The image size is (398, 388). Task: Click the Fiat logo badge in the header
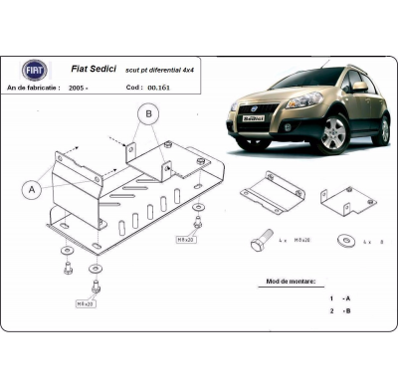(x=35, y=70)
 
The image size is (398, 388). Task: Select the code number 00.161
(x=158, y=88)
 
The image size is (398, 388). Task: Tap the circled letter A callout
(x=33, y=188)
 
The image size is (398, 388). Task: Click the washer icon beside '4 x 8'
(x=344, y=240)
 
